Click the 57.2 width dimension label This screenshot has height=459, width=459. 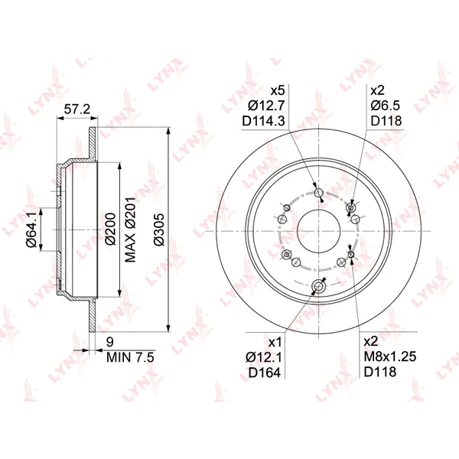coord(77,109)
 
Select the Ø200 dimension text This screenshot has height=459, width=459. coord(111,229)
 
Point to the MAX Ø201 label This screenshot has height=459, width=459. coord(131,229)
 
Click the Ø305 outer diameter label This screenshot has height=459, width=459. coord(160,229)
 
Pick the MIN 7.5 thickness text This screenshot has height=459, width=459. coord(130,357)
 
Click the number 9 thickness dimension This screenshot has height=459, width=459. coord(110,342)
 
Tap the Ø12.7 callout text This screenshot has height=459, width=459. coord(266,106)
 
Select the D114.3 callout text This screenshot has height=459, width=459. coord(263,121)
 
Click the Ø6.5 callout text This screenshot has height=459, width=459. coord(386,106)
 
